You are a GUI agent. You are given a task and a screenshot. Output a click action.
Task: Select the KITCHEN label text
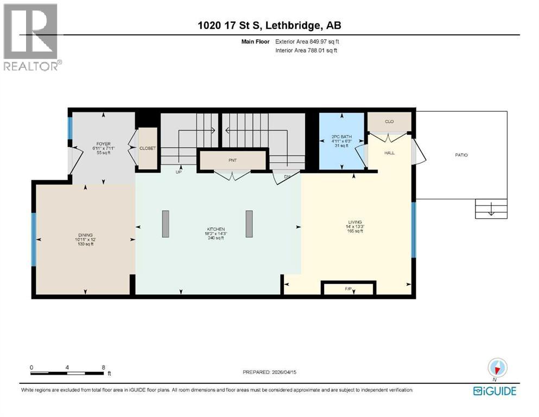pos(219,229)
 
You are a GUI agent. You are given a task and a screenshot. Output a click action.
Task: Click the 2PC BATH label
pos(341,137)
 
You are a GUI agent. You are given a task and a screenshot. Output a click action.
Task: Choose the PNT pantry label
pos(232,160)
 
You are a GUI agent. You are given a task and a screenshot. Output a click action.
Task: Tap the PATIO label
pos(461,155)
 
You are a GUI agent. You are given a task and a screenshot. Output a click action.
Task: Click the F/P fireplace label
pos(348,289)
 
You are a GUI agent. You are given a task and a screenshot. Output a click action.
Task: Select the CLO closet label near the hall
pos(389,122)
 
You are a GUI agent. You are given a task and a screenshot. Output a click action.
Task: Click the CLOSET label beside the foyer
pos(148,148)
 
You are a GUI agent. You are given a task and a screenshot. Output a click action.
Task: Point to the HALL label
pos(389,153)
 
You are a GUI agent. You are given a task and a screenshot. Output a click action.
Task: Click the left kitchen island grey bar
pos(166,224)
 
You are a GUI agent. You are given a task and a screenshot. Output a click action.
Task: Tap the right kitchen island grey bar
pos(249,224)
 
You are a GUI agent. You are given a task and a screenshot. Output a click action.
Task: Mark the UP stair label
pos(177,172)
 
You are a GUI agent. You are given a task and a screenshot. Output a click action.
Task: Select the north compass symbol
pos(497,367)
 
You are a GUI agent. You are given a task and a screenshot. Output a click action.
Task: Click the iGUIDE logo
pos(494,390)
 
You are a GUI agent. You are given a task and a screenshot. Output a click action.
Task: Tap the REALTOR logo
pos(31,37)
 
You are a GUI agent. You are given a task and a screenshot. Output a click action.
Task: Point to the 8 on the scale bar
pos(103,367)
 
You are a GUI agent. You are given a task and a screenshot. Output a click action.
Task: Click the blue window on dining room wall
pos(33,239)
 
